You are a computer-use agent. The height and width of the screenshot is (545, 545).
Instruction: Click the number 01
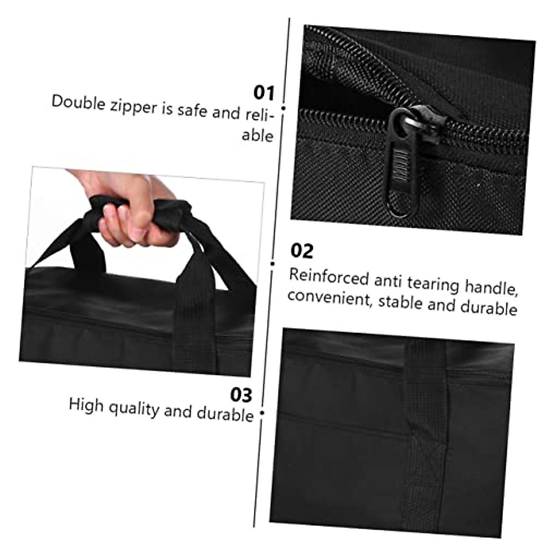point(264,93)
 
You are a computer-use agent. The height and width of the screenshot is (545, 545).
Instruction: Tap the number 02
point(302,251)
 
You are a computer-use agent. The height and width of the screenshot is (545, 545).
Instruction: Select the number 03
point(241,395)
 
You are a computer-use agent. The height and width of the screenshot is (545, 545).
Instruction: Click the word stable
point(400,302)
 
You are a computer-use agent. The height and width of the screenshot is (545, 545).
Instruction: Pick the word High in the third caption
point(86,404)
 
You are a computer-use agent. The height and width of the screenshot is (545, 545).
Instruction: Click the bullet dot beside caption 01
point(283,108)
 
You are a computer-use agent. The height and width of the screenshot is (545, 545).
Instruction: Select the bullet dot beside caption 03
point(262,413)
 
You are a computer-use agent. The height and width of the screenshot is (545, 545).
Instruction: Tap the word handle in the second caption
point(491,287)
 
